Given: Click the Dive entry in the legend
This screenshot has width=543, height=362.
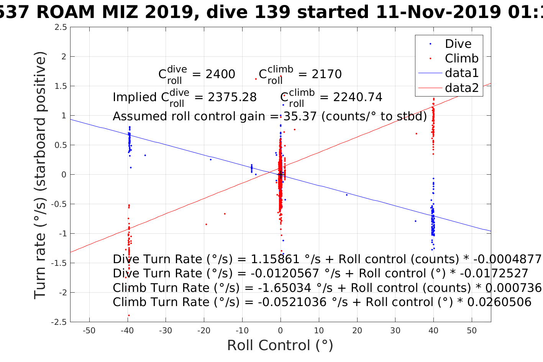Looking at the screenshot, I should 458,44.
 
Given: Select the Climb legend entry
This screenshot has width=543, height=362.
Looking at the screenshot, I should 461,59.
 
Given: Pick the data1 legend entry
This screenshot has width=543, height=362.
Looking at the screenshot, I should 461,73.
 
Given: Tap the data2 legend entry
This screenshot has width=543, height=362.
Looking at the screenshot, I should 461,88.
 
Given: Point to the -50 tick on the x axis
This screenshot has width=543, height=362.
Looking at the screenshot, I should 89,331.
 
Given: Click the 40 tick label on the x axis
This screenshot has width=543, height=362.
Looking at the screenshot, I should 433,331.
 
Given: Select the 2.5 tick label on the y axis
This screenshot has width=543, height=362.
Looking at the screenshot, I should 61,27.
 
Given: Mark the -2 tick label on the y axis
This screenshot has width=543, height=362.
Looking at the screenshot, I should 61,293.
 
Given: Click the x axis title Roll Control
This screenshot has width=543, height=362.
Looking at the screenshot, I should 280,346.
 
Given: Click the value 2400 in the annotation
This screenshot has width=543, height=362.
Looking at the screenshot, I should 220,74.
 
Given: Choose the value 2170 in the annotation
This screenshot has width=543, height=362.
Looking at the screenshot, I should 326,74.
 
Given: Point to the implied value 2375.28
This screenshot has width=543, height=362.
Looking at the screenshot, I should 232,97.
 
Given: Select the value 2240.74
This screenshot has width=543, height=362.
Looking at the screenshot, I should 358,97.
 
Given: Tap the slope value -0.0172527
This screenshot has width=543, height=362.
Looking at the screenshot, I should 494,274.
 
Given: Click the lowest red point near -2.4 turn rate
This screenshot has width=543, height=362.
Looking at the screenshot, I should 129,315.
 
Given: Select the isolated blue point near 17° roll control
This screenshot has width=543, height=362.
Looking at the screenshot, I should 347,195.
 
